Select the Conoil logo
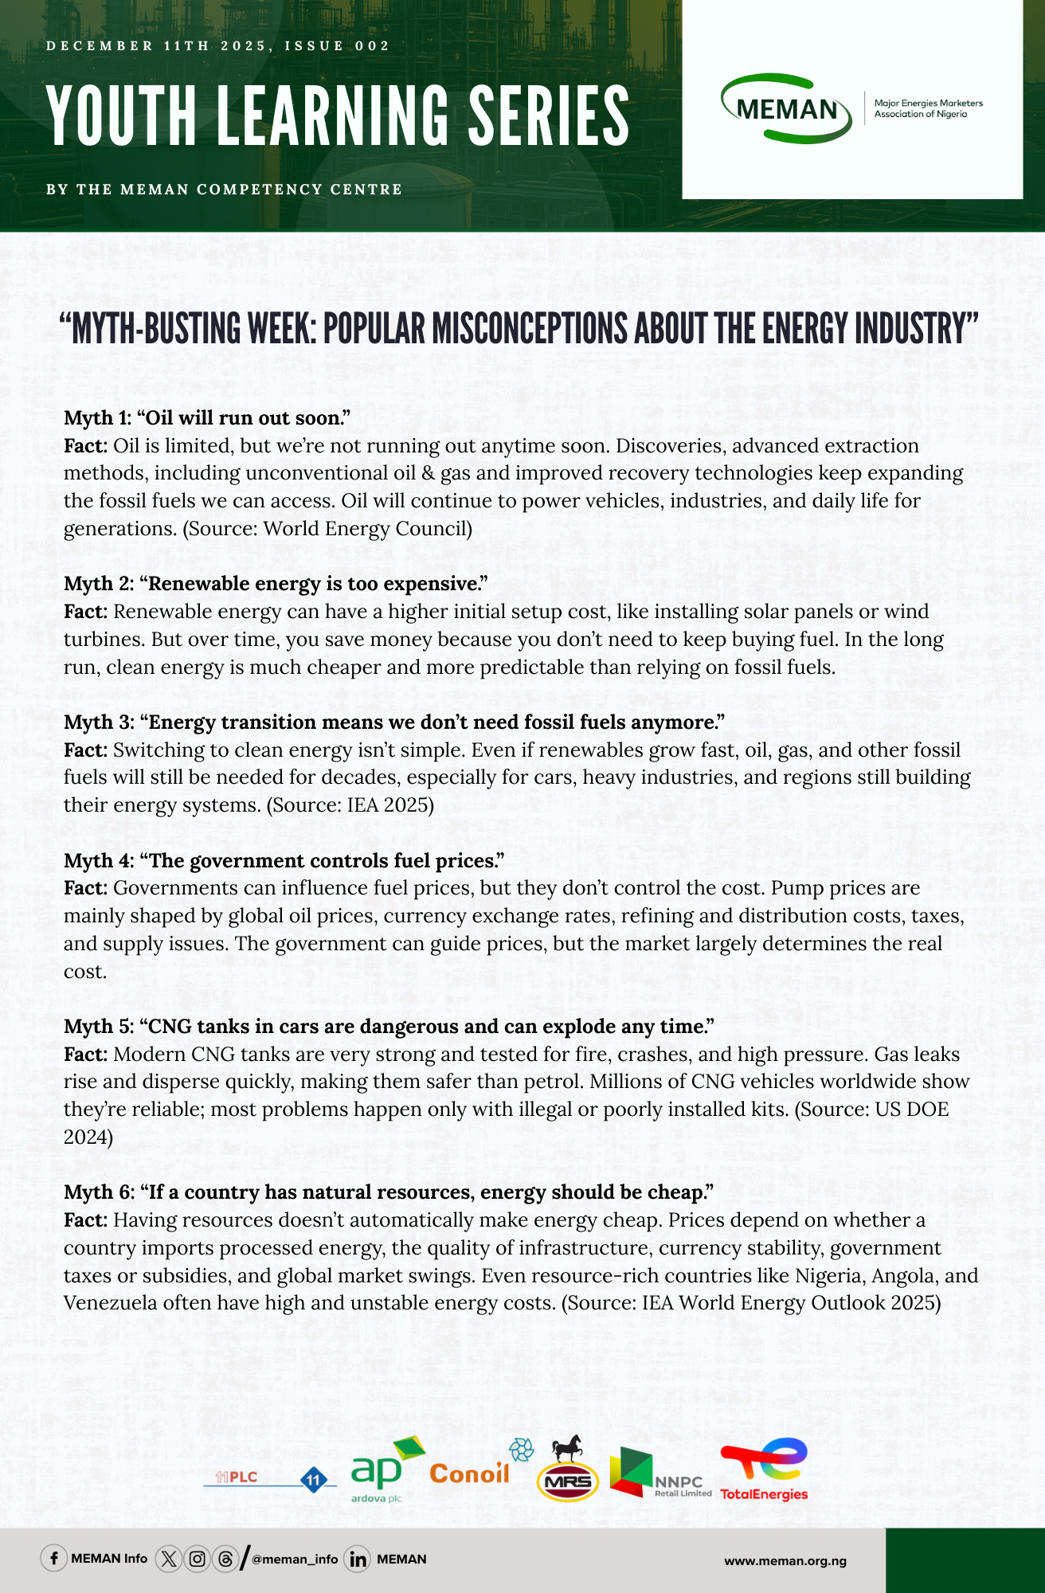tap(469, 1474)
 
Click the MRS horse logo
tap(567, 1470)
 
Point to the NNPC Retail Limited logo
tap(660, 1473)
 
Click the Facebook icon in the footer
tap(53, 1559)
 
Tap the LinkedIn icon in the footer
tap(358, 1559)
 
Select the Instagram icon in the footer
tap(197, 1559)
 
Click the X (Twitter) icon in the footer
tap(168, 1559)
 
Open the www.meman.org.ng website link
tap(785, 1560)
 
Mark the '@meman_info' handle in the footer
tap(295, 1560)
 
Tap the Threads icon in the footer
tap(225, 1559)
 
